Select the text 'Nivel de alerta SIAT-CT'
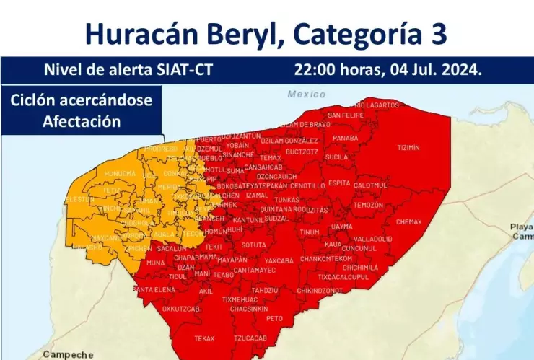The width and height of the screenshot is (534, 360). click(x=128, y=71)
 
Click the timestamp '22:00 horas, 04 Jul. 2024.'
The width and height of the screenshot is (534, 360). click(x=388, y=71)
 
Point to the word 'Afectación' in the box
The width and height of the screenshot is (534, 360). click(x=82, y=120)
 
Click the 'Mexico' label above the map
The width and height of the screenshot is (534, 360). click(x=307, y=94)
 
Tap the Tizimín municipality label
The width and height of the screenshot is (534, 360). click(x=408, y=147)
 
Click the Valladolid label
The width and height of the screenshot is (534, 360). click(x=373, y=238)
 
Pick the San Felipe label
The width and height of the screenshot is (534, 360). click(x=346, y=115)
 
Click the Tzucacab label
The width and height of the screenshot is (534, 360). click(x=250, y=338)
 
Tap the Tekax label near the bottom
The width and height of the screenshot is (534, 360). click(x=204, y=338)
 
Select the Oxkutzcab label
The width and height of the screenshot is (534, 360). click(x=180, y=308)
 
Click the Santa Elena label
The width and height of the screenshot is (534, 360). click(x=154, y=289)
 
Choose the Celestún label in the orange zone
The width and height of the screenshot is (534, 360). click(x=80, y=199)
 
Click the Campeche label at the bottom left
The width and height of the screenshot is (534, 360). click(x=68, y=354)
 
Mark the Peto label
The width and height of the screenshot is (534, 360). click(x=274, y=317)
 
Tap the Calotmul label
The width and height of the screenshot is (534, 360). click(x=370, y=185)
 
